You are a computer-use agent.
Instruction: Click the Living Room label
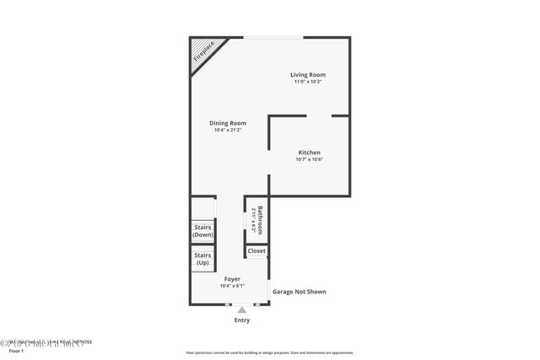pyautogui.click(x=308, y=75)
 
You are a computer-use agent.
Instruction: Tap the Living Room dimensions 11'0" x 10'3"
pyautogui.click(x=308, y=82)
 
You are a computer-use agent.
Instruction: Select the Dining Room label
pyautogui.click(x=228, y=123)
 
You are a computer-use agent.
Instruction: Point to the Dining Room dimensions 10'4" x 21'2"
pyautogui.click(x=228, y=131)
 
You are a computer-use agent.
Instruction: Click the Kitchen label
pyautogui.click(x=309, y=152)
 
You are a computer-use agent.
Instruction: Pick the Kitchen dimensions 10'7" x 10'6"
pyautogui.click(x=309, y=159)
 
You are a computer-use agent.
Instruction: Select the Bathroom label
pyautogui.click(x=262, y=221)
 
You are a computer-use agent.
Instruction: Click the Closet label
pyautogui.click(x=256, y=250)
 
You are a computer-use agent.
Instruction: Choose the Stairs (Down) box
pyautogui.click(x=202, y=230)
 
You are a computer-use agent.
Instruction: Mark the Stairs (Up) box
pyautogui.click(x=202, y=259)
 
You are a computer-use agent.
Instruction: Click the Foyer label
pyautogui.click(x=232, y=278)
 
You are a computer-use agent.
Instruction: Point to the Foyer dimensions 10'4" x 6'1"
pyautogui.click(x=232, y=286)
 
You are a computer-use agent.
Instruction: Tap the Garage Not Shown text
pyautogui.click(x=299, y=292)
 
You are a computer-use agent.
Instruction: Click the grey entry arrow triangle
pyautogui.click(x=242, y=309)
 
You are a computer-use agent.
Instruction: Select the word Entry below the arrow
pyautogui.click(x=242, y=320)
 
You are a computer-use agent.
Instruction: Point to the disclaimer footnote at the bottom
pyautogui.click(x=269, y=353)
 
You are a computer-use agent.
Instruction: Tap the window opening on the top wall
pyautogui.click(x=274, y=37)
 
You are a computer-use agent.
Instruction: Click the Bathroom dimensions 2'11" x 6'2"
pyautogui.click(x=253, y=221)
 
